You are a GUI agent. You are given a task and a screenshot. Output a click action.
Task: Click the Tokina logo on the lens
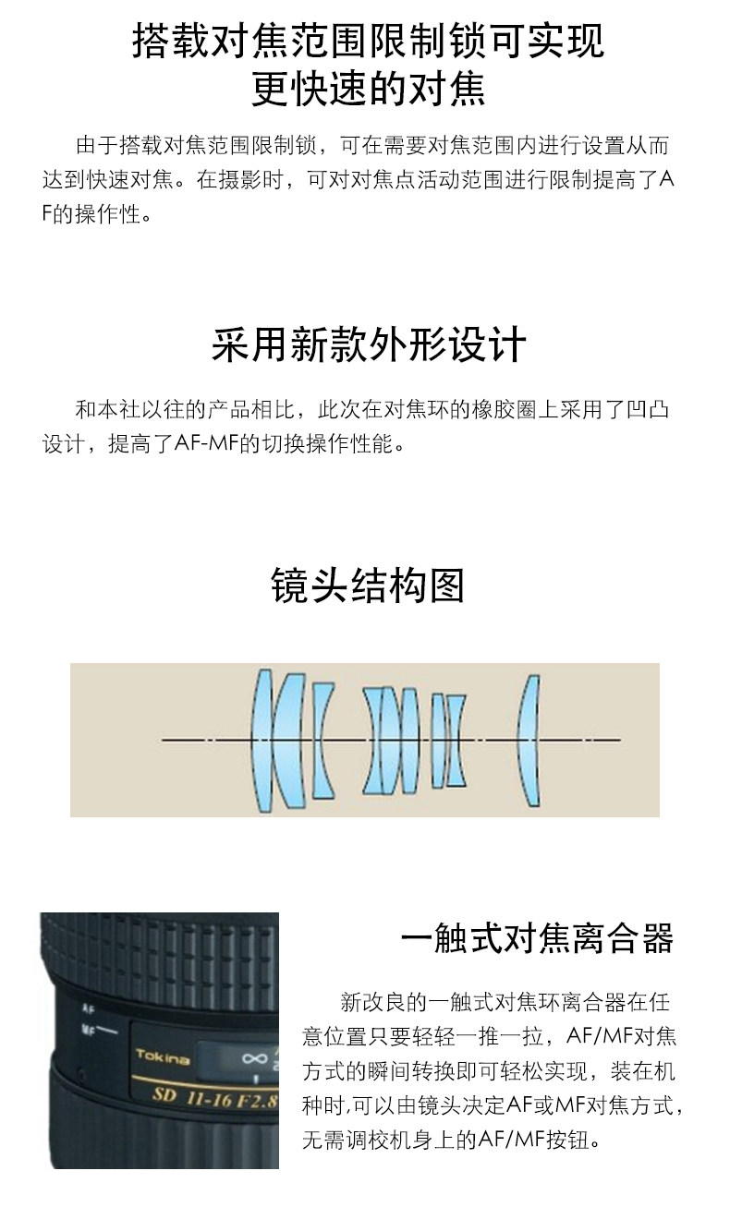click(163, 1056)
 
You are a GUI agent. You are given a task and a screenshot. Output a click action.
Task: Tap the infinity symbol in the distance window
click(254, 1059)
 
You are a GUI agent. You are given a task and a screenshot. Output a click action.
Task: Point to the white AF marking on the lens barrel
click(88, 1008)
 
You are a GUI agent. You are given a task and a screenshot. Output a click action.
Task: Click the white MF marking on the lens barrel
click(88, 1030)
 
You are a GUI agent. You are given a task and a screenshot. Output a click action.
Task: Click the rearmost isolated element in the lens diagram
click(529, 741)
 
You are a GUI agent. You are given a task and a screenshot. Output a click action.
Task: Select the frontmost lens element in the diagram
click(262, 741)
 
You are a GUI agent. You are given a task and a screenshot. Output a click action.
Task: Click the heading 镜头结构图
click(367, 585)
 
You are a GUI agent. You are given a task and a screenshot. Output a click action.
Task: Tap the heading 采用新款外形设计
click(369, 344)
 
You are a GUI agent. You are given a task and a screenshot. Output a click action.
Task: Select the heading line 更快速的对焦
click(369, 89)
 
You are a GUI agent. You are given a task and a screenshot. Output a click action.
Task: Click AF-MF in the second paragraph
click(206, 444)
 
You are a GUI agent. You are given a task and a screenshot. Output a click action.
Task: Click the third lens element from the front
click(322, 741)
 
